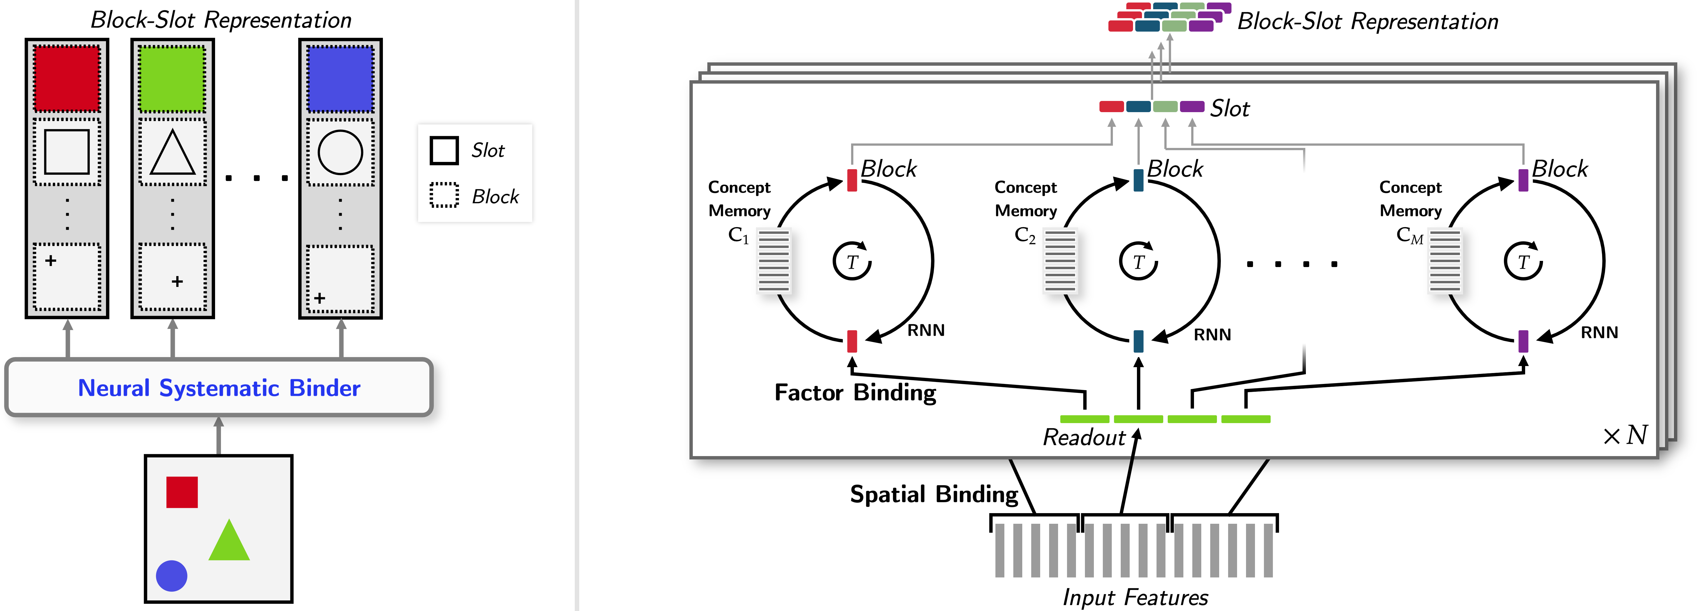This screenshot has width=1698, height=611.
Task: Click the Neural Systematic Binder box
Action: pyautogui.click(x=219, y=388)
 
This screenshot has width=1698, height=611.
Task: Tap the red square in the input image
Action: pyautogui.click(x=182, y=492)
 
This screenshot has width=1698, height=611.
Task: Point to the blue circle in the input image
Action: pyautogui.click(x=171, y=575)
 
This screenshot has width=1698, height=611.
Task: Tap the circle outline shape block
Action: pyautogui.click(x=340, y=152)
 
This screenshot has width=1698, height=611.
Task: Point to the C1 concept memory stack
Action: pyautogui.click(x=774, y=260)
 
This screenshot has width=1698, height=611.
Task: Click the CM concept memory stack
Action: pyautogui.click(x=1445, y=260)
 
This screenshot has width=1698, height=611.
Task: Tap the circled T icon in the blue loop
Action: pyautogui.click(x=1138, y=261)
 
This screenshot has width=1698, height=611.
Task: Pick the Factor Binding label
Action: pyautogui.click(x=855, y=393)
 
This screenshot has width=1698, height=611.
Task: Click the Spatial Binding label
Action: pyautogui.click(x=933, y=494)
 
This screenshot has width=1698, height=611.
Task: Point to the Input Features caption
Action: pyautogui.click(x=1135, y=597)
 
